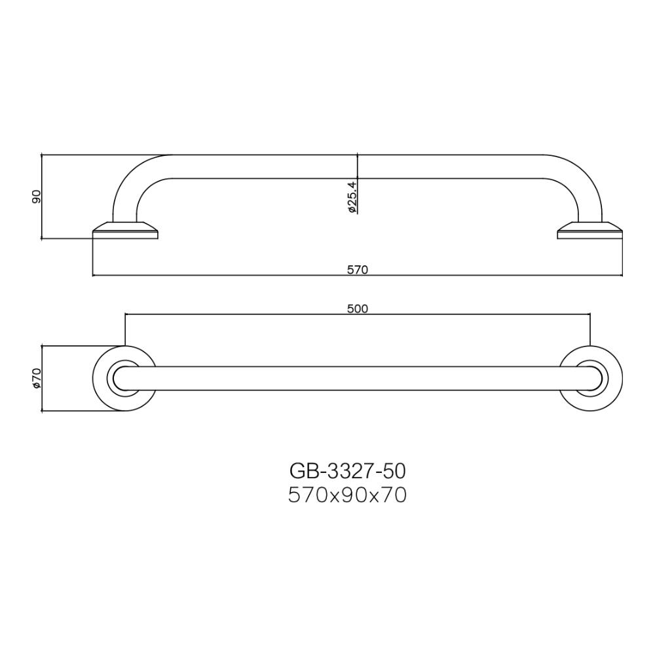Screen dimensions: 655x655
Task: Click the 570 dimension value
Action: point(358,269)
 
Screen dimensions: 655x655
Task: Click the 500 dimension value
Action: point(358,309)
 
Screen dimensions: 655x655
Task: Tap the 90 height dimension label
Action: point(37,196)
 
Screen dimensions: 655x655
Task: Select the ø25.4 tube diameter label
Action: point(352,197)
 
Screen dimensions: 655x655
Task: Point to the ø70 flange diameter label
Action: point(37,378)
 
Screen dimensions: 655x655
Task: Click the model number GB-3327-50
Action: point(348,470)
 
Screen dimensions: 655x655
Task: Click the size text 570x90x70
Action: point(348,495)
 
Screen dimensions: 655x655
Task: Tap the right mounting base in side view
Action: point(589,231)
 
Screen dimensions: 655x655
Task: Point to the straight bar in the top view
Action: point(358,379)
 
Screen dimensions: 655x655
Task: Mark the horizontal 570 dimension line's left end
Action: point(94,275)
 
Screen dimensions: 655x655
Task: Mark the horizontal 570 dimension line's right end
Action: point(622,275)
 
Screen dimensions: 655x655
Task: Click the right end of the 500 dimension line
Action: point(590,315)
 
